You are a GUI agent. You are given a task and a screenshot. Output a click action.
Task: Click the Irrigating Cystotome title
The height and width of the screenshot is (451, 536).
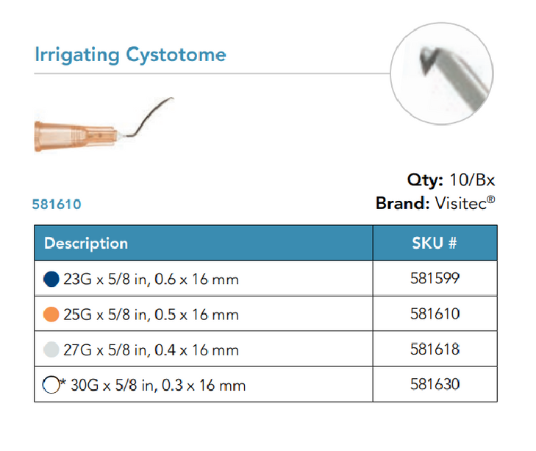(130, 54)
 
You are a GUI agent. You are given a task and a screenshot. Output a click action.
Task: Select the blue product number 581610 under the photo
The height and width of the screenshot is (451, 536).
(57, 204)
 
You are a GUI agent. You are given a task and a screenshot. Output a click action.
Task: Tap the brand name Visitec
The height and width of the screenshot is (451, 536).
(463, 204)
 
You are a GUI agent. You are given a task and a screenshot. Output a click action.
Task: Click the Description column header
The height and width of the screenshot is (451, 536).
(86, 244)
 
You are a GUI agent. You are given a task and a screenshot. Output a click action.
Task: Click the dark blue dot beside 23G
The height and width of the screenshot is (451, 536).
(51, 280)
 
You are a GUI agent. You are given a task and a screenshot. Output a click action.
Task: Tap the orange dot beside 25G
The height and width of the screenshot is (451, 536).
(51, 315)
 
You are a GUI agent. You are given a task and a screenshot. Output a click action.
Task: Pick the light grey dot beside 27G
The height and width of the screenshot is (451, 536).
(51, 350)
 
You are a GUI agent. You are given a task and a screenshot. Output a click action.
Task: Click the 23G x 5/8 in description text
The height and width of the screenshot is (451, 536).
(151, 280)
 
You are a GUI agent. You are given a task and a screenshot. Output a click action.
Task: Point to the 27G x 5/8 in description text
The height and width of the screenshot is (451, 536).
(151, 350)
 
